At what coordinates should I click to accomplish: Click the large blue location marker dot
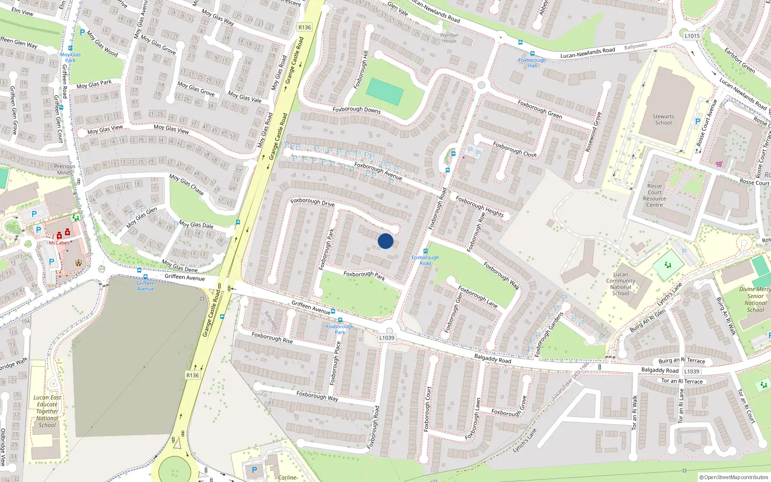(x=385, y=241)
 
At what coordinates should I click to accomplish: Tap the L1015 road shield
(x=692, y=36)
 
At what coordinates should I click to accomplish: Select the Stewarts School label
(x=663, y=120)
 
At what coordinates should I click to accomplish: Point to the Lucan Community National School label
(x=621, y=283)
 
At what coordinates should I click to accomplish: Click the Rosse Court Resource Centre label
(x=654, y=195)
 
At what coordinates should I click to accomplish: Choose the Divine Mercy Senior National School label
(x=755, y=299)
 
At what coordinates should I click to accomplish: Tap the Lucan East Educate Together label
(x=47, y=411)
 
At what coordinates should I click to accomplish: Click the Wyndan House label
(x=449, y=38)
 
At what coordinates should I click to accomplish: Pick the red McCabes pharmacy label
(x=59, y=243)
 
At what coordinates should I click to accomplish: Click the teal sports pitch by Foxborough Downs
(x=385, y=91)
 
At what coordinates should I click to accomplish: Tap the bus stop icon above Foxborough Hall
(x=532, y=54)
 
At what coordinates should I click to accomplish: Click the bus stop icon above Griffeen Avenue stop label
(x=146, y=277)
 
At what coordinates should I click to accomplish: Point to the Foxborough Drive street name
(x=312, y=201)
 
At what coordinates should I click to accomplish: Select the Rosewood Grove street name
(x=593, y=132)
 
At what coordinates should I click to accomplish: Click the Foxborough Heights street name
(x=479, y=206)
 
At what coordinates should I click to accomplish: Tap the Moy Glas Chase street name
(x=186, y=184)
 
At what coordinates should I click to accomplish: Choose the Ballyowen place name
(x=636, y=46)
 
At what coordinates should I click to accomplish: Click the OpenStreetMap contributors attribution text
(x=734, y=477)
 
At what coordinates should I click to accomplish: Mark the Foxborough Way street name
(x=317, y=396)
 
